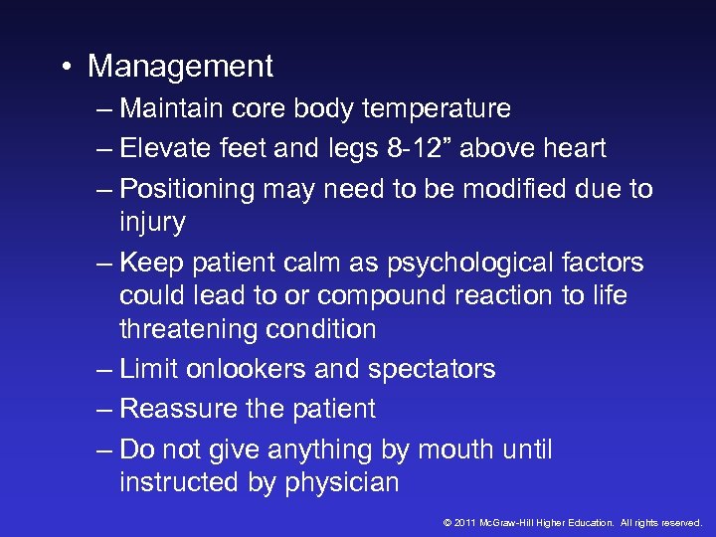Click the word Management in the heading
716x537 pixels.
click(x=180, y=67)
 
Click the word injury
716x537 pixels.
click(x=151, y=222)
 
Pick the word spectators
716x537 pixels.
click(x=431, y=369)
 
